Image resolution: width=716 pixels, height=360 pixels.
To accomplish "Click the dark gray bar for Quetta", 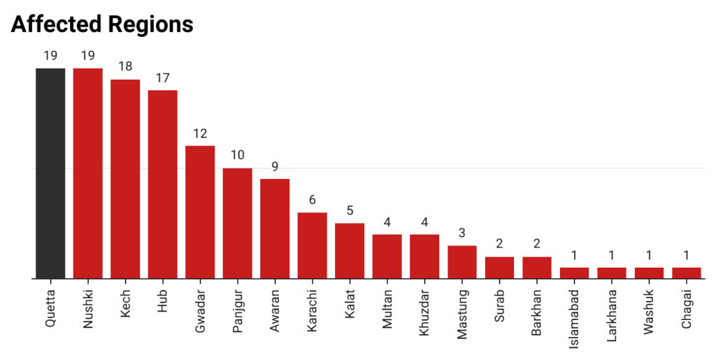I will point(50,173).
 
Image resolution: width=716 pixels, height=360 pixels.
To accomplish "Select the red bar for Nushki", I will point(88,173).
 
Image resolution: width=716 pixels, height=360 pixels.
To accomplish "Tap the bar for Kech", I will point(125,179).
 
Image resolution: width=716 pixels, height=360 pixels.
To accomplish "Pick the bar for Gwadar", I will point(200,212).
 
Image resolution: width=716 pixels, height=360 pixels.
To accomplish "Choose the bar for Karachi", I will point(313,245).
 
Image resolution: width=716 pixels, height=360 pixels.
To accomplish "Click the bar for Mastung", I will point(462,262).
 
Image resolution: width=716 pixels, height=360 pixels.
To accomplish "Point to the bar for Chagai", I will point(687,273).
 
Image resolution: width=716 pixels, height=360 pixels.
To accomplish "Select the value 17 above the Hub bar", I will point(163,78).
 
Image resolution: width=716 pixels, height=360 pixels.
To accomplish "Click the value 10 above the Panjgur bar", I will point(238,155).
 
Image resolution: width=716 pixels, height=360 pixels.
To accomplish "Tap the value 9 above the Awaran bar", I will point(275,166).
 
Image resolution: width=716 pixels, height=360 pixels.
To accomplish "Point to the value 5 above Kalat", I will point(350,210).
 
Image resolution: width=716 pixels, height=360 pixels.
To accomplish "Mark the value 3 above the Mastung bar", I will point(462,233).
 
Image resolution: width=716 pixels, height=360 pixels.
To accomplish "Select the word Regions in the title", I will point(149,25).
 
